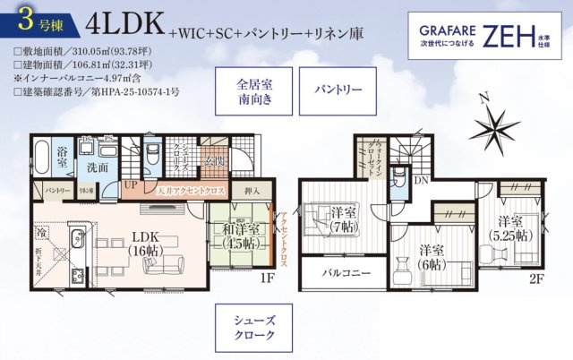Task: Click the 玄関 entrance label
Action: [x=215, y=161]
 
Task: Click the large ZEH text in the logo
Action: [x=509, y=35]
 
